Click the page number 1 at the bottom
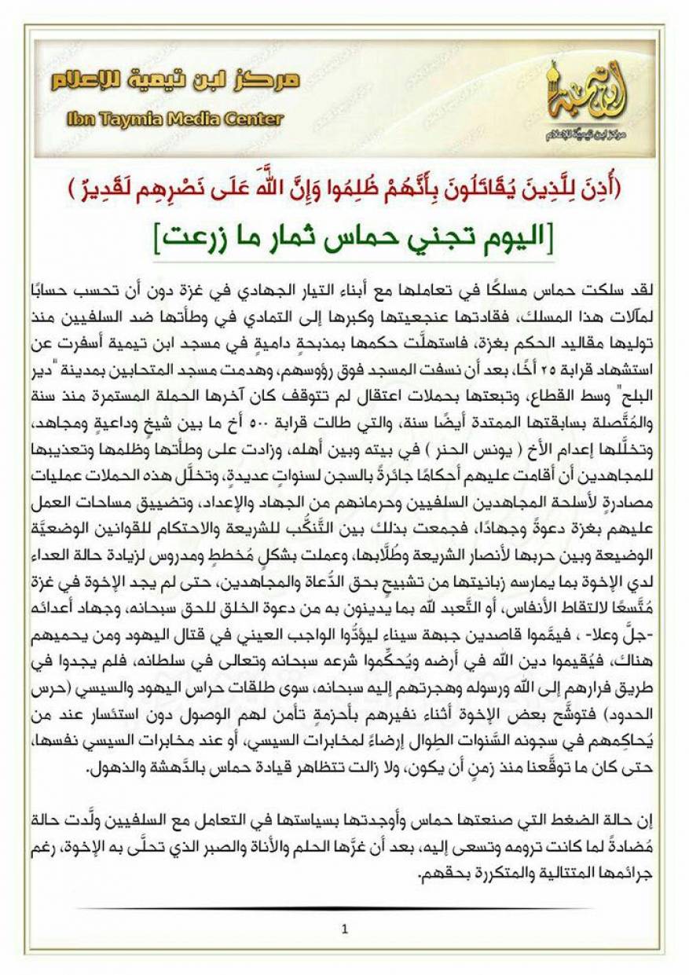tap(344, 931)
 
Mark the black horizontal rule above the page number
tap(344, 908)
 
